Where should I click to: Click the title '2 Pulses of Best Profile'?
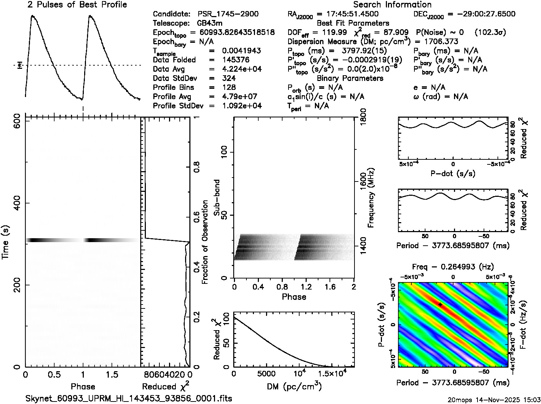[77, 5]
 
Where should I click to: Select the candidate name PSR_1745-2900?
[228, 14]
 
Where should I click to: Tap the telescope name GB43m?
[210, 23]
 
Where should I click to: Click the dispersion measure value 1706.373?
[441, 42]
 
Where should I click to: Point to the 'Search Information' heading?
[392, 5]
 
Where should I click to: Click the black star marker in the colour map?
[441, 305]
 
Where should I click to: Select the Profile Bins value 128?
[229, 87]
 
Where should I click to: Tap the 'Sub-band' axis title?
[216, 197]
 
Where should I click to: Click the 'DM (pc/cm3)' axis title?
[294, 387]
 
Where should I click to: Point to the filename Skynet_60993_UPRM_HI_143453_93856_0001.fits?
[129, 398]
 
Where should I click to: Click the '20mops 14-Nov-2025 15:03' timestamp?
[494, 399]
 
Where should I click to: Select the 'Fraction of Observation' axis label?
[205, 242]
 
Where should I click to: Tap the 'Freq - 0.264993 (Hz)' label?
[453, 267]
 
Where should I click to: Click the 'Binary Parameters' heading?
[350, 78]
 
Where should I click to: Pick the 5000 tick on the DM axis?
[266, 374]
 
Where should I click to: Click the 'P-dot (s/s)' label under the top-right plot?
[453, 174]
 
